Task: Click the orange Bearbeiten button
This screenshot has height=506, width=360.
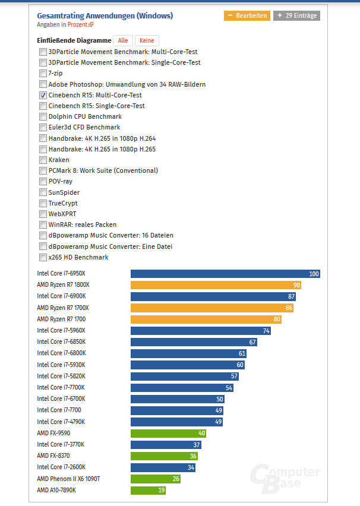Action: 247,15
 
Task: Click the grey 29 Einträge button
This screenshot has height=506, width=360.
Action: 296,15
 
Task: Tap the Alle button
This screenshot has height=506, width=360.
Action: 123,40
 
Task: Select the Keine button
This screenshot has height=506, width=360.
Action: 147,40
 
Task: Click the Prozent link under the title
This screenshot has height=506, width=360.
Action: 77,25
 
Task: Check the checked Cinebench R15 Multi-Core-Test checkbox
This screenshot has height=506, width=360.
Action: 43,95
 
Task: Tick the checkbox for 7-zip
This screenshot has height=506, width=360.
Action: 43,73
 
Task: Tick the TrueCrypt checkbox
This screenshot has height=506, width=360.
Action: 43,203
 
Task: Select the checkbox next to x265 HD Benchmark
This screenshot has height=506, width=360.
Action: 43,257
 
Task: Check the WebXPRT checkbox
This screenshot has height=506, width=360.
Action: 43,214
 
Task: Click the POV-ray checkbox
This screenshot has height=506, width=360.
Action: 43,181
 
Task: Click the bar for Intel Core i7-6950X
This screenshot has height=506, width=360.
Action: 225,274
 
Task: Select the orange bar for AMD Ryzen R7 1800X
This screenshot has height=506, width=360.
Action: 216,285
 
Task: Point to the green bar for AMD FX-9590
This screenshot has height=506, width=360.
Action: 169,433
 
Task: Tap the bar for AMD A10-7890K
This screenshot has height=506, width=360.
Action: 148,490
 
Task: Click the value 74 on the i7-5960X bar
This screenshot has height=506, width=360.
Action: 266,331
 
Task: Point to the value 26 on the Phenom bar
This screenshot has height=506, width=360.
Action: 176,479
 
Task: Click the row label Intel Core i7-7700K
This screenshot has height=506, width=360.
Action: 61,387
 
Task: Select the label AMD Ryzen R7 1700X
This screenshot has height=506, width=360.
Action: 63,308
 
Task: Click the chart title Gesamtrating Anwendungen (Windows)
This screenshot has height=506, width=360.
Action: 105,15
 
